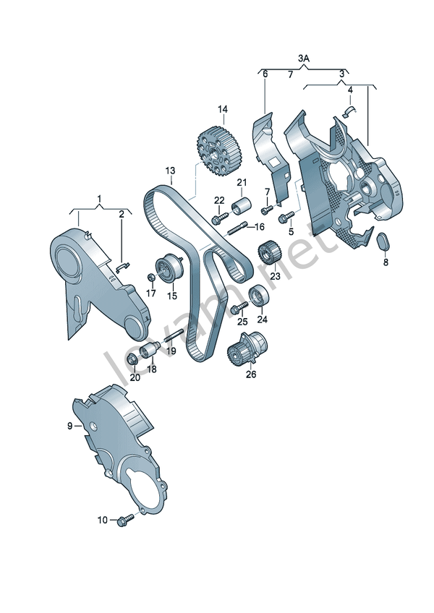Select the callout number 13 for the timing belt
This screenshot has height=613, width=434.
(x=170, y=171)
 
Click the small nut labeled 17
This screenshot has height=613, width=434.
(x=150, y=278)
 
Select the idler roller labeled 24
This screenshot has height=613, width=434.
(x=258, y=296)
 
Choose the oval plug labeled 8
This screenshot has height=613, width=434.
(x=384, y=244)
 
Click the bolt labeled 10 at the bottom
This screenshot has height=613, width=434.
(x=129, y=518)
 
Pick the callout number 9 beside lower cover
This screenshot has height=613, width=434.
(x=71, y=426)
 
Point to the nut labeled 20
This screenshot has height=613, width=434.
(x=132, y=359)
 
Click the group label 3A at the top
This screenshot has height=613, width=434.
(x=304, y=57)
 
